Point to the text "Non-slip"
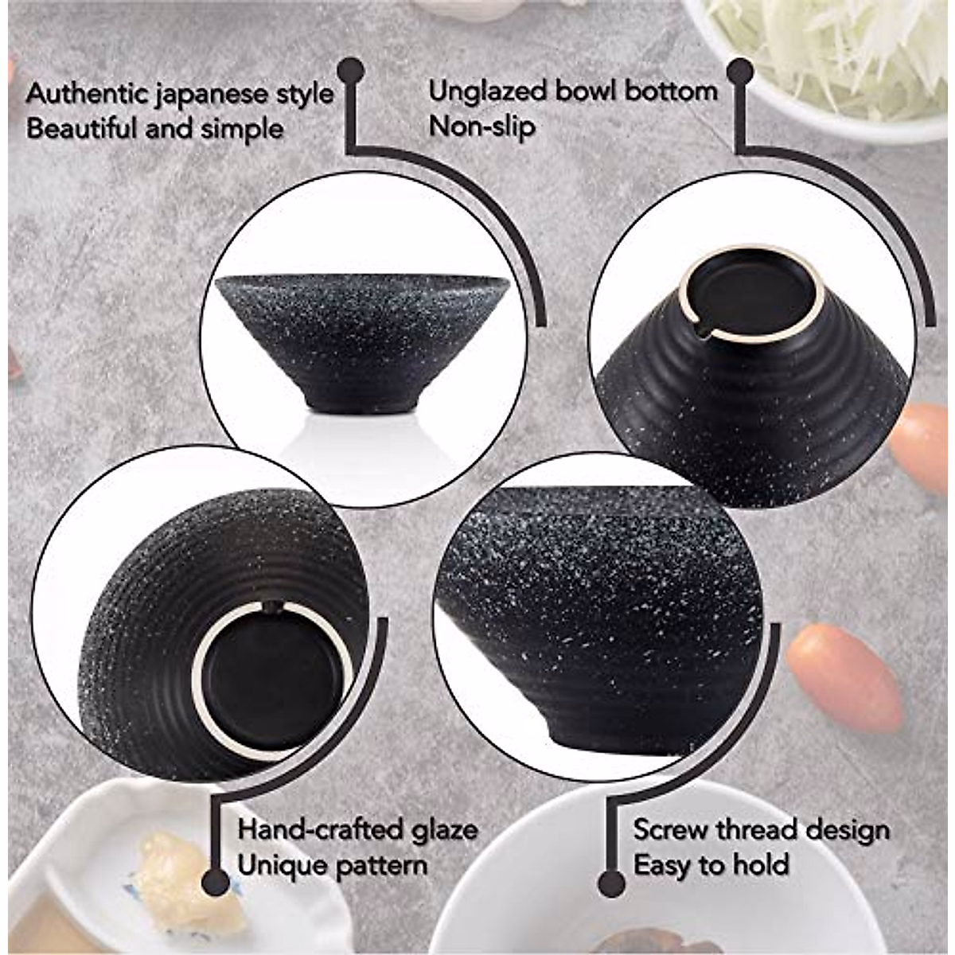pos(481,126)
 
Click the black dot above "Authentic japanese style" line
pos(350,71)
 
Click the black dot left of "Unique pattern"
pos(213,881)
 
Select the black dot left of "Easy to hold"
pos(610,881)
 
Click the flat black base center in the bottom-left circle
pos(271,676)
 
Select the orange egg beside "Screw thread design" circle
pos(844,676)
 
